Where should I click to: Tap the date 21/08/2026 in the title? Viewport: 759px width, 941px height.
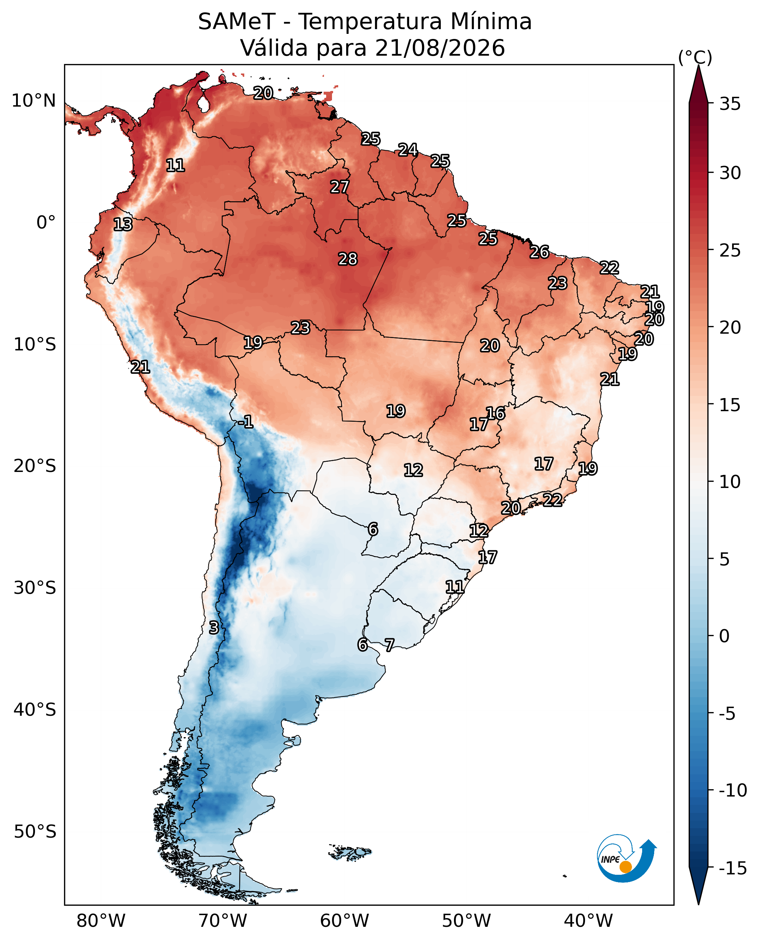[440, 48]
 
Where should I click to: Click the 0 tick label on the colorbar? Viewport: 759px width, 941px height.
[724, 636]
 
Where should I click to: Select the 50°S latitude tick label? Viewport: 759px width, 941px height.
[35, 832]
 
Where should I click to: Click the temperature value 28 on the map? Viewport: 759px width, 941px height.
[348, 259]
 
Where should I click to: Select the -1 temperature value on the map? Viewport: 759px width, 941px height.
[246, 422]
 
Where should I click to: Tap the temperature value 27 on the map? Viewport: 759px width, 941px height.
[340, 187]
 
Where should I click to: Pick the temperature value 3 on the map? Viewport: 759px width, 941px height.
[214, 628]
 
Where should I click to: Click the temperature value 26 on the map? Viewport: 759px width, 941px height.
[539, 252]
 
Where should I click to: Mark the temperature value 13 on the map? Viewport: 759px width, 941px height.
[123, 225]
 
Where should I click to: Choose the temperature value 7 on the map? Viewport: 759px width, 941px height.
[390, 645]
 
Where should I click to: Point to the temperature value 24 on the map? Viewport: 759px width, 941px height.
[408, 150]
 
